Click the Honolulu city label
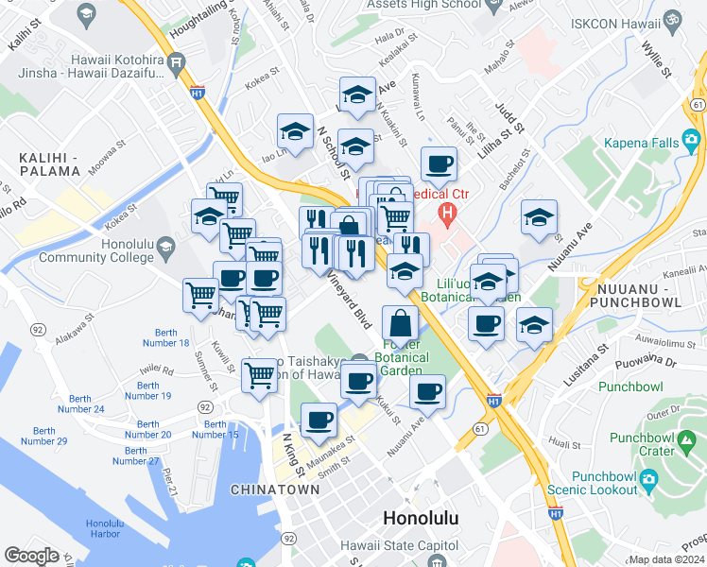coord(421,518)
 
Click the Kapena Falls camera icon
coord(692,143)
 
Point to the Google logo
coord(31,555)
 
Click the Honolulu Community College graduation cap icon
coord(165,248)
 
